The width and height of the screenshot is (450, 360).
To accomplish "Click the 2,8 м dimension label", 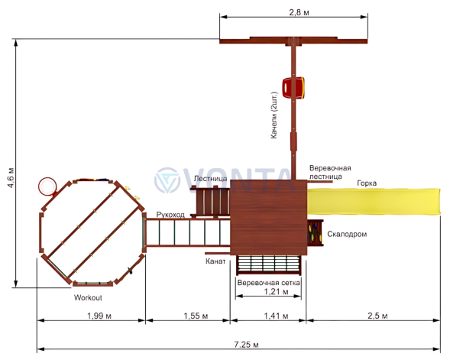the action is pos(299,13).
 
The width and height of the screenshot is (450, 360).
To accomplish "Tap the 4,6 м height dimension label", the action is pos(11,177).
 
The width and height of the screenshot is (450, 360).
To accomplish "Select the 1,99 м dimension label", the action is pos(99,316).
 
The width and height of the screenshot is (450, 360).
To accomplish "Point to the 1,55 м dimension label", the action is pos(196,316).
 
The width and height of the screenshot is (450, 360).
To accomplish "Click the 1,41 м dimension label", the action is pos(276,316).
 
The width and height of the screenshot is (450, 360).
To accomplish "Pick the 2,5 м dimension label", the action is pos(377,316).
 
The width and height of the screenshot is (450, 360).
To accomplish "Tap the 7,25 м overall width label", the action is pos(246,344).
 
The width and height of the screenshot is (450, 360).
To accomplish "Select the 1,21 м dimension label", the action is pos(276,292).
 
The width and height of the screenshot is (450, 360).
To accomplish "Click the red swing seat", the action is pos(293,88).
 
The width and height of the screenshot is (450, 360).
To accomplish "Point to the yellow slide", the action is pos(374,202).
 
